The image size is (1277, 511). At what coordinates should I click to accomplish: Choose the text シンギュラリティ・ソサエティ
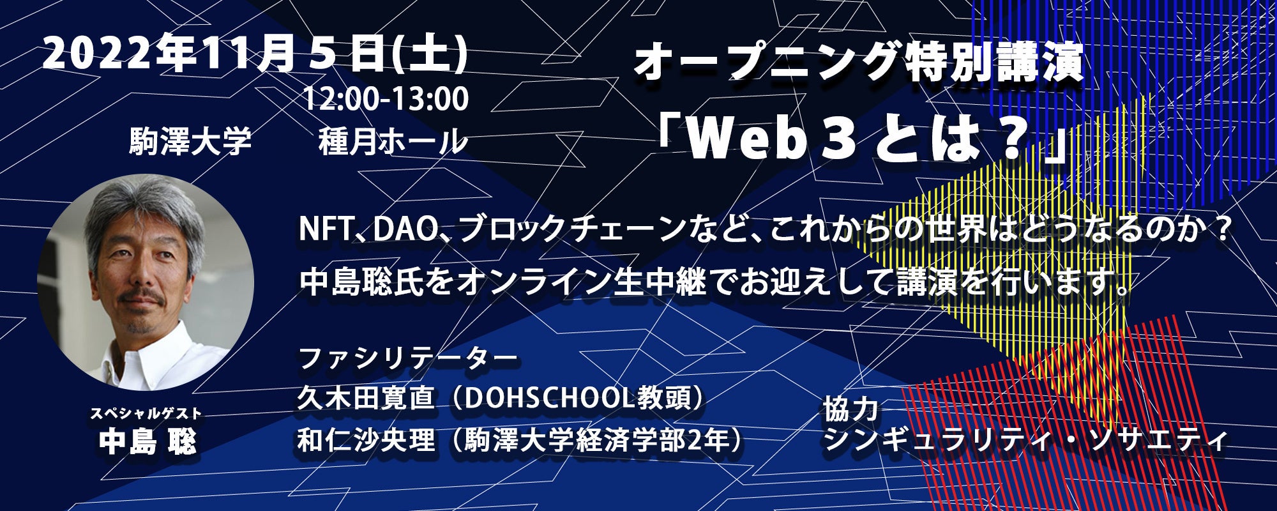[x=1025, y=441]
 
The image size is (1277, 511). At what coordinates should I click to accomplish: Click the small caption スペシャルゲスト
[x=146, y=414]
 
